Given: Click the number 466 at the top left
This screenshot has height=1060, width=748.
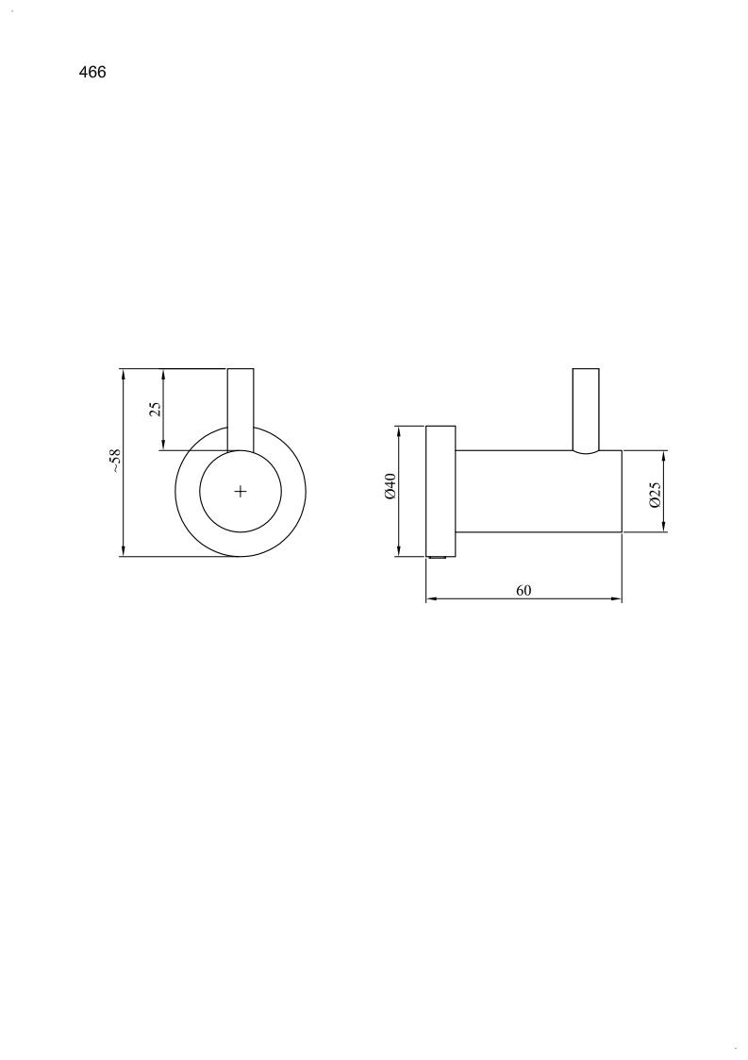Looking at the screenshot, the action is pyautogui.click(x=92, y=73).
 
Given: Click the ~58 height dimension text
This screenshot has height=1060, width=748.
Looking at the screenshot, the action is pyautogui.click(x=115, y=461).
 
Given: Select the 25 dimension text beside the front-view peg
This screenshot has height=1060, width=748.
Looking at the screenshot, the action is pyautogui.click(x=156, y=409).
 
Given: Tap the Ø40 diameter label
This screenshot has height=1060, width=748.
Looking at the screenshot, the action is pyautogui.click(x=390, y=487).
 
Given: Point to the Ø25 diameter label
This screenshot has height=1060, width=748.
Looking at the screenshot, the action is pyautogui.click(x=654, y=495).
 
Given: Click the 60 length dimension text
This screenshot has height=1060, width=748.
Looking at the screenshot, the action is pyautogui.click(x=524, y=590).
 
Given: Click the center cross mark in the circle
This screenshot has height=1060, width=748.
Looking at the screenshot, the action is pyautogui.click(x=241, y=492).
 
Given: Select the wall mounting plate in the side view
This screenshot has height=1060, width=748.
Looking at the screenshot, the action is pyautogui.click(x=440, y=491).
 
